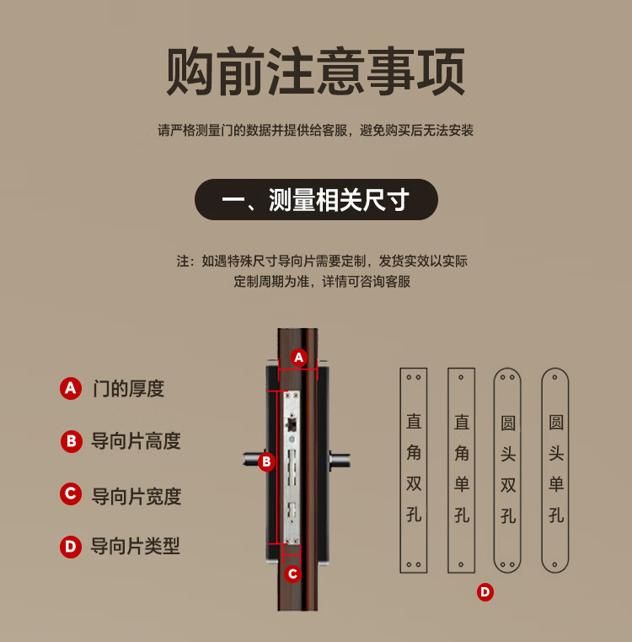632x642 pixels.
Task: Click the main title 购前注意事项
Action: pos(315,71)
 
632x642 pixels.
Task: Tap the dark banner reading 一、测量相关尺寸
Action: pos(316,199)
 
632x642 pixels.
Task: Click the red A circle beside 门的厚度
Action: pos(71,389)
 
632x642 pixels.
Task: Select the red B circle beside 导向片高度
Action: pos(71,441)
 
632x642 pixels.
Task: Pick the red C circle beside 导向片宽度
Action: pos(71,494)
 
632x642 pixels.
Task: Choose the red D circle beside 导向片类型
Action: pos(71,547)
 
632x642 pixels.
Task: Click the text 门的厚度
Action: pos(128,389)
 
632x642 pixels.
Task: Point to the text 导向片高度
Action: pos(136,441)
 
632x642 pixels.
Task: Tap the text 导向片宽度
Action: pos(137,496)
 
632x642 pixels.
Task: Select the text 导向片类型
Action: pos(136,546)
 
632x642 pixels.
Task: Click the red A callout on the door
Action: pos(299,358)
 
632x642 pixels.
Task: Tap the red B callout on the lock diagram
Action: pos(266,461)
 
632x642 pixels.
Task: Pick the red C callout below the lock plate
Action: pos(293,574)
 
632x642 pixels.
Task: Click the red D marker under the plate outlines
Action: pos(485,592)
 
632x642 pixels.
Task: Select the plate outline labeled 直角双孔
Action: pos(400,470)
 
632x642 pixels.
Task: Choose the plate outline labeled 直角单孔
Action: pos(448,470)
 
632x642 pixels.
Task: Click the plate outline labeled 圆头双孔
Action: pos(494,470)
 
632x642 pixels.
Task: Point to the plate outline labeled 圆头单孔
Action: pos(542,470)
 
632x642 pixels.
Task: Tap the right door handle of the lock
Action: pos(340,461)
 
